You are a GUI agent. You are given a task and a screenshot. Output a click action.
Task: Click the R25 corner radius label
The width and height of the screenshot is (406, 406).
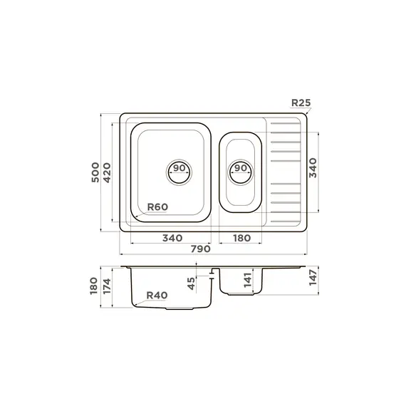(301, 103)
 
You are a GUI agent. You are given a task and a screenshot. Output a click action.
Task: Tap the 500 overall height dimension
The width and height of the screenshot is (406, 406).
(95, 172)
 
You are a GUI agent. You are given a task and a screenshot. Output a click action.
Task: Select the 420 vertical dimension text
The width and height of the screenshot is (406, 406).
(107, 172)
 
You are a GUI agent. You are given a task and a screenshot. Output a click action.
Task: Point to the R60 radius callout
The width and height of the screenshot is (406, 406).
(157, 207)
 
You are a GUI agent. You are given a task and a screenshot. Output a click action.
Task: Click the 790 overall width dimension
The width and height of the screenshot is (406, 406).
(201, 249)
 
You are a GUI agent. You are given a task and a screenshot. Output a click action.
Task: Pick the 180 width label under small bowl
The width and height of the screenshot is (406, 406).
(242, 238)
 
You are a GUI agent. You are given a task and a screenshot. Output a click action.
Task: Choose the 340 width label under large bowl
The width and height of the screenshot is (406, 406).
(172, 238)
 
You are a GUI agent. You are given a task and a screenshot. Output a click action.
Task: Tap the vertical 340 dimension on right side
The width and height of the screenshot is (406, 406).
(313, 168)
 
